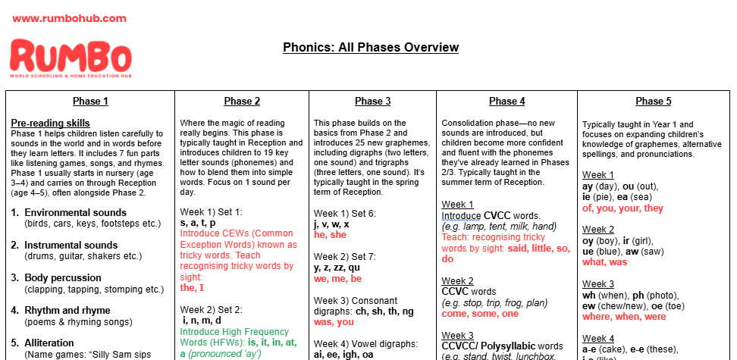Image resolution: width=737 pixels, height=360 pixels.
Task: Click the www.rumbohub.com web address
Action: [69, 18]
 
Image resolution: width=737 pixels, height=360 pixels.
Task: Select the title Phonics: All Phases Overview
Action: [371, 48]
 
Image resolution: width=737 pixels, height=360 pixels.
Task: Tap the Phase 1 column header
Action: [90, 102]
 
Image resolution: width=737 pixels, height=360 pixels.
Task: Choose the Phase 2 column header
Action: [242, 102]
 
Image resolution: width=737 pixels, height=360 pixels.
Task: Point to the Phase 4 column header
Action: [506, 102]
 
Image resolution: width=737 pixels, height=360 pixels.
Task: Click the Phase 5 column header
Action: [653, 102]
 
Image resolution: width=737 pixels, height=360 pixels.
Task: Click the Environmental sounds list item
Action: [75, 213]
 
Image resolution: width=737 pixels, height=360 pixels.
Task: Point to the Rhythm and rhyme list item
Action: [67, 311]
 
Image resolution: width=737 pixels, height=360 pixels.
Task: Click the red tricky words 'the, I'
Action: [192, 288]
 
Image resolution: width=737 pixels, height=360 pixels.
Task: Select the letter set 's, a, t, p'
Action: [197, 224]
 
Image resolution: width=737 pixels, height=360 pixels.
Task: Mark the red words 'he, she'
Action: [330, 235]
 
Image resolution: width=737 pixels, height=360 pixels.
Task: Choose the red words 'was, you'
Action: [334, 321]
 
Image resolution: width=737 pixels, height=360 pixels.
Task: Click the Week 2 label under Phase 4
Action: [457, 281]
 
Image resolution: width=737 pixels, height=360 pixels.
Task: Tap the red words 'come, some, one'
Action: [480, 314]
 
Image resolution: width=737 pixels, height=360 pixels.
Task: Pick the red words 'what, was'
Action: [604, 262]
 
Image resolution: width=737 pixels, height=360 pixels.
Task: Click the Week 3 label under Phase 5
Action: [598, 284]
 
